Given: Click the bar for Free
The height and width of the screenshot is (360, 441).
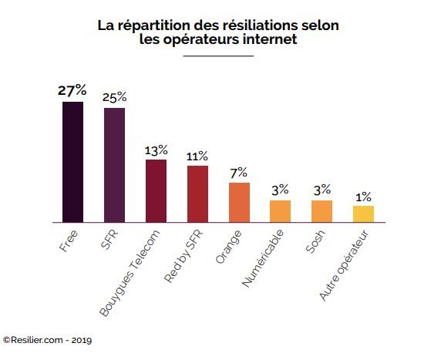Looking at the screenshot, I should [x=72, y=162].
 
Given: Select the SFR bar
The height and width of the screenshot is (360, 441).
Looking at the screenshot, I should [x=114, y=165].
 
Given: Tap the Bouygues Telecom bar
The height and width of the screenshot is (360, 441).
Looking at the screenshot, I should [x=156, y=190].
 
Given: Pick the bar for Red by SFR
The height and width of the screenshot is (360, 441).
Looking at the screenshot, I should [x=197, y=193].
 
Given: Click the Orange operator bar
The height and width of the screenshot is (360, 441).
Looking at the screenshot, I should [x=239, y=202].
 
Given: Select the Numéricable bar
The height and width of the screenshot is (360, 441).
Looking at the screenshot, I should [x=280, y=211].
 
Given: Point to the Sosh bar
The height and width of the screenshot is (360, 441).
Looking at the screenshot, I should [x=321, y=211].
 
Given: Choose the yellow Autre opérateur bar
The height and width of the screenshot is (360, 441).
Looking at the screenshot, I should [x=363, y=214].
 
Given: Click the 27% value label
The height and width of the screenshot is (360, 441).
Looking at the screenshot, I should [x=72, y=90].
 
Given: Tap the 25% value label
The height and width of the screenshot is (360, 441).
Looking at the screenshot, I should [x=114, y=97].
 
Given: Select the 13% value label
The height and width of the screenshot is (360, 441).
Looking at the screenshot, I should [x=156, y=149].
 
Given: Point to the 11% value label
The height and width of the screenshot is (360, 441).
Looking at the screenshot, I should [x=197, y=156].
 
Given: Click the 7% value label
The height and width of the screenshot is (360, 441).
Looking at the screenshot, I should [x=239, y=172].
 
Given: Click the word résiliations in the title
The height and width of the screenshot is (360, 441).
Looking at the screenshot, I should [x=229, y=25].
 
